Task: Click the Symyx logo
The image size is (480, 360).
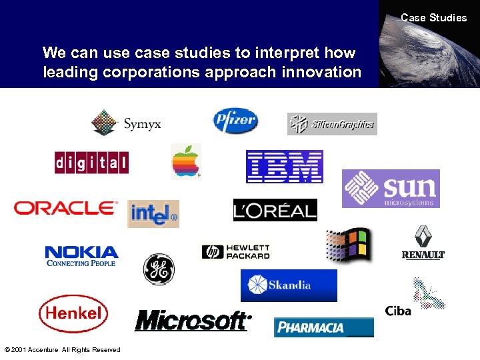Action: [126, 123]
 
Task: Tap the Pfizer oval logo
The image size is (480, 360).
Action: [235, 121]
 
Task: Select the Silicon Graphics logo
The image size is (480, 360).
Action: [332, 123]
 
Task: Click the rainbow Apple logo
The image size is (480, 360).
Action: [186, 161]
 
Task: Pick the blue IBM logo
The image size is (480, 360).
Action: [285, 167]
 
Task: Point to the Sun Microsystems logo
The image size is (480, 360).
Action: [391, 189]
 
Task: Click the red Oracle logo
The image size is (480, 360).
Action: [65, 208]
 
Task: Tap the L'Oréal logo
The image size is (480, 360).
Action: [275, 211]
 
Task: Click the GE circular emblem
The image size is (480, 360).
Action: [159, 269]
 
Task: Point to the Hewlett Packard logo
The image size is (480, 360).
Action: [236, 251]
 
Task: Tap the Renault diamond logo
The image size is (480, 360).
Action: [423, 243]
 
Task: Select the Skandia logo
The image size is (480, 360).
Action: [289, 285]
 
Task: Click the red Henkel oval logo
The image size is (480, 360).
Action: [73, 313]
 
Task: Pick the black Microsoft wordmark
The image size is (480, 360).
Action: [192, 321]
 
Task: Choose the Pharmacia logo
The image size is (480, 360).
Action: [323, 327]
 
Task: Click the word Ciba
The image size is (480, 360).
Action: [398, 311]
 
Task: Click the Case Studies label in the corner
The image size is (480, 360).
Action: [433, 18]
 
